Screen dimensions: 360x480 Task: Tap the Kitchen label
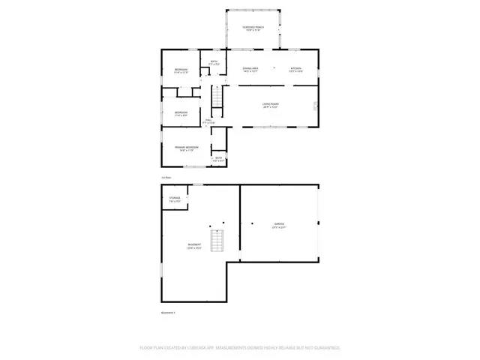[x=295, y=69]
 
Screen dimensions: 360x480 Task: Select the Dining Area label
[x=250, y=69]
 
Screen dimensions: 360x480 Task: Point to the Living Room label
[x=271, y=106]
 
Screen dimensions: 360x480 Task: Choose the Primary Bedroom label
[x=185, y=148]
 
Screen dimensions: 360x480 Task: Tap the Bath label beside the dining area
[x=214, y=62]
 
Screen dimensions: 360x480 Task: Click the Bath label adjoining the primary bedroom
[x=219, y=158]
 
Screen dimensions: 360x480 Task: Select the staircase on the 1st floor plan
[x=217, y=96]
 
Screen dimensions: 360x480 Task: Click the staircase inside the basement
[x=217, y=241]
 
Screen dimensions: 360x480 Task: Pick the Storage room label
[x=174, y=199]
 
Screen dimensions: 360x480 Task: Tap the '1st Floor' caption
[x=166, y=178]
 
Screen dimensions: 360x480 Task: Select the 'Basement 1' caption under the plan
[x=168, y=312]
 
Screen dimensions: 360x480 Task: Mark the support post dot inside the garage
[x=253, y=223]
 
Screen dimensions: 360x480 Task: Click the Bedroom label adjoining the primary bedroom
[x=181, y=114]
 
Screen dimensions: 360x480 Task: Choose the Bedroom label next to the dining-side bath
[x=181, y=71]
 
